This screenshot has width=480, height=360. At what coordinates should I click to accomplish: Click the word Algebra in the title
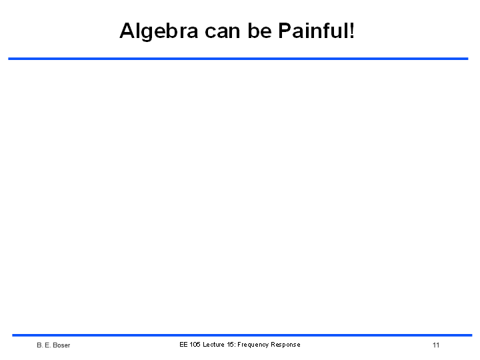point(159,31)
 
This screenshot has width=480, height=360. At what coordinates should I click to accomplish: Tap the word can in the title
point(222,31)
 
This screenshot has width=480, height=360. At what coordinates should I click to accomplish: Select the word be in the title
point(259,31)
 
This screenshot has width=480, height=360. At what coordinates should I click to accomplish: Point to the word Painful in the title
point(313,30)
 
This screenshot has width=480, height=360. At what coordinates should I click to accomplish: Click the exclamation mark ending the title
point(351,30)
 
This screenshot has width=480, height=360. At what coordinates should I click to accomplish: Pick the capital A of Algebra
point(127,30)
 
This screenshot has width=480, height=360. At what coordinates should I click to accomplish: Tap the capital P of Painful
point(285,30)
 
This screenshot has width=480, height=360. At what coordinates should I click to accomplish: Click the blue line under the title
point(238,59)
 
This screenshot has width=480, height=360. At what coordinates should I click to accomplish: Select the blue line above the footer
point(242,335)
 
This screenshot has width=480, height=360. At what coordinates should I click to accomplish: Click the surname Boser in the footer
point(61,345)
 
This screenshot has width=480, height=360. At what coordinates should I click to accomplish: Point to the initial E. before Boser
point(47,345)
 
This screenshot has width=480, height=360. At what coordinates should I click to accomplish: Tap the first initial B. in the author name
point(40,345)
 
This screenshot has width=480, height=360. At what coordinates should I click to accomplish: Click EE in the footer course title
point(183,345)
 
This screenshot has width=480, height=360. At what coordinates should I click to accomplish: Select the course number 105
point(195,345)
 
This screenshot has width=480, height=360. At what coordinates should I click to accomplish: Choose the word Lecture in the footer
point(214,345)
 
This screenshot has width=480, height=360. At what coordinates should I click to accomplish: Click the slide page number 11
point(436,345)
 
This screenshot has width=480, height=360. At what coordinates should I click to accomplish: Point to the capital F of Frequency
point(239,345)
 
